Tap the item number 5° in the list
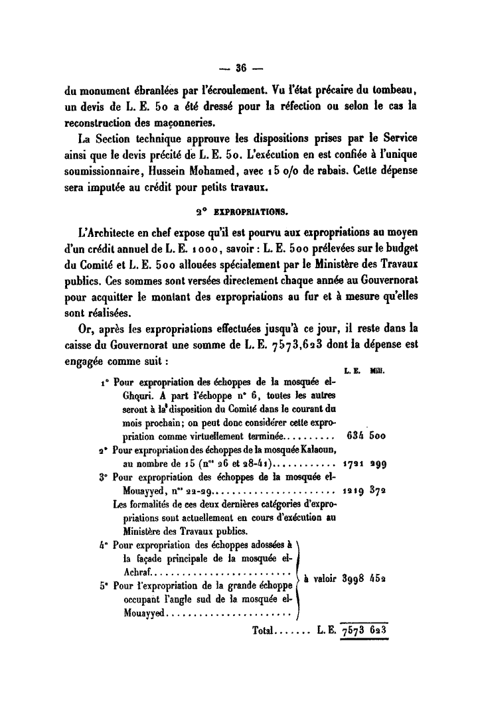(x=104, y=586)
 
